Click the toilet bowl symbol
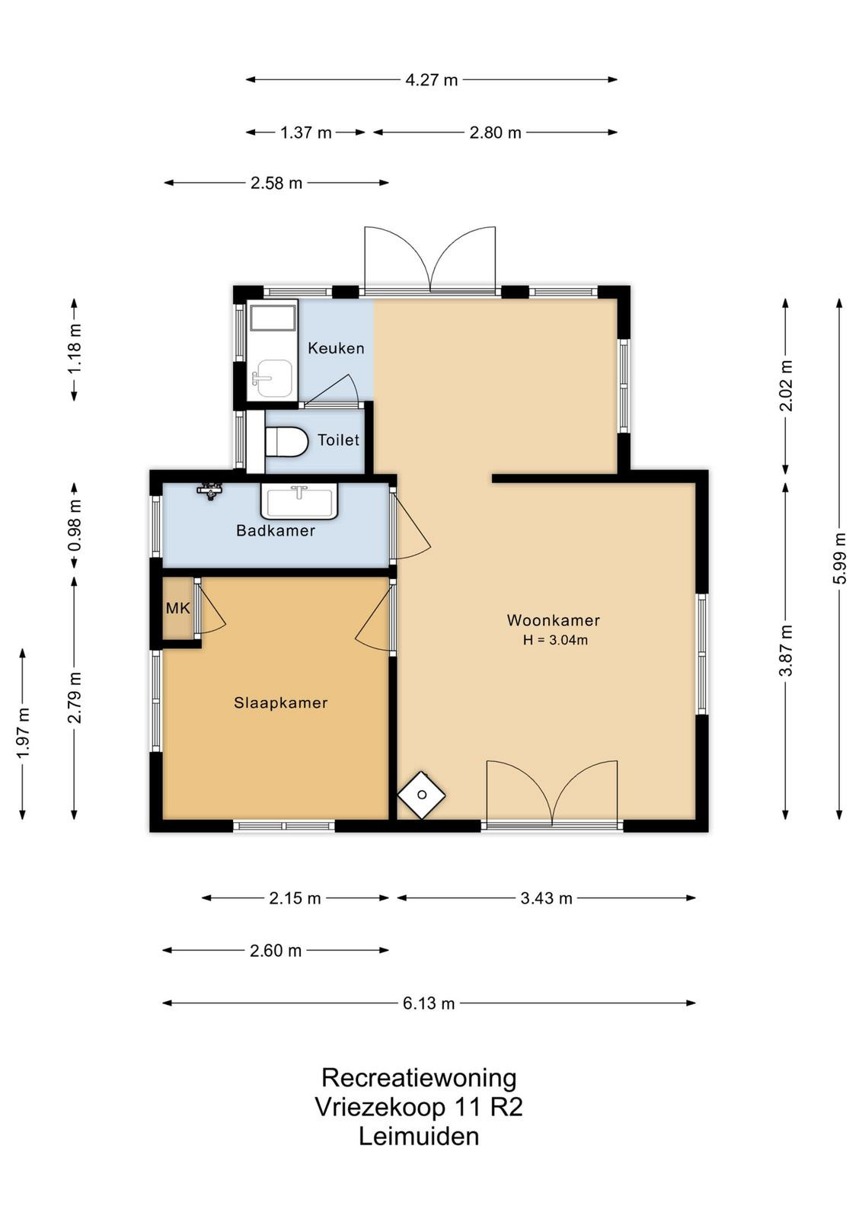(x=286, y=441)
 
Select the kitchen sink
(x=273, y=379)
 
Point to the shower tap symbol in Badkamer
(x=210, y=491)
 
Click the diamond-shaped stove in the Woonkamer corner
(x=422, y=795)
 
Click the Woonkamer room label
(x=553, y=620)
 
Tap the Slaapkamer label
(x=281, y=702)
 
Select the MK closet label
(x=178, y=608)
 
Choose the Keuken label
(x=336, y=348)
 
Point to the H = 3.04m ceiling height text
(x=555, y=640)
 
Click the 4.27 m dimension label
(x=431, y=80)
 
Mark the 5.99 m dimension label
(x=839, y=558)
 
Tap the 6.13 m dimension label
(x=429, y=1003)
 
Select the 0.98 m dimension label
(x=75, y=525)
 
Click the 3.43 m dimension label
(x=546, y=898)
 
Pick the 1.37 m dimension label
(x=305, y=133)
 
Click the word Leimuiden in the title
(x=419, y=1137)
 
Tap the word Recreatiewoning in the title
(x=419, y=1078)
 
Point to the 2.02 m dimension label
(x=786, y=386)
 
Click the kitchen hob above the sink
(x=273, y=317)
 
